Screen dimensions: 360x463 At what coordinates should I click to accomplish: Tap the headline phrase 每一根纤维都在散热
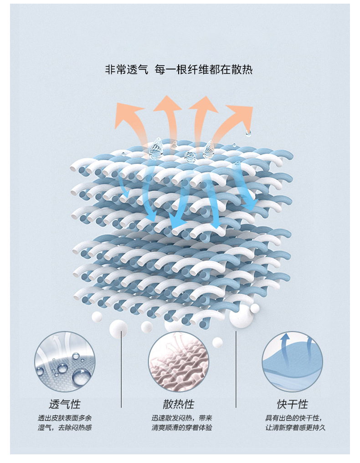[204, 70]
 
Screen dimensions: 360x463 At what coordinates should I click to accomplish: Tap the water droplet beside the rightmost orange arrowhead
[248, 132]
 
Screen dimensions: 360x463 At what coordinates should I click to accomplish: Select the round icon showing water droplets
[65, 361]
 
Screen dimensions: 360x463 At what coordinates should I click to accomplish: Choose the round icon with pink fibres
[178, 361]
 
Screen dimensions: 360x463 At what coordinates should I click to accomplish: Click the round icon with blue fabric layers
[292, 361]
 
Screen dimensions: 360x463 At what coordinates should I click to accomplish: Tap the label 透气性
[64, 404]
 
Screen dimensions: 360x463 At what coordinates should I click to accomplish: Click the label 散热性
[178, 404]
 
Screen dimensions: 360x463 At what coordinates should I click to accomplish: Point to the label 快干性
[292, 404]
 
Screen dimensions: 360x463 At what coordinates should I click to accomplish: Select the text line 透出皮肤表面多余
[64, 417]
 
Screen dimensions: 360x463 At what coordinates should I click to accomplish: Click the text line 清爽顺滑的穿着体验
[181, 427]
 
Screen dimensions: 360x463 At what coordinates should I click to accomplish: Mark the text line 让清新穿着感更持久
[295, 427]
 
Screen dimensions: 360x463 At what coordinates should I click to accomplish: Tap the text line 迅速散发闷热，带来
[181, 417]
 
